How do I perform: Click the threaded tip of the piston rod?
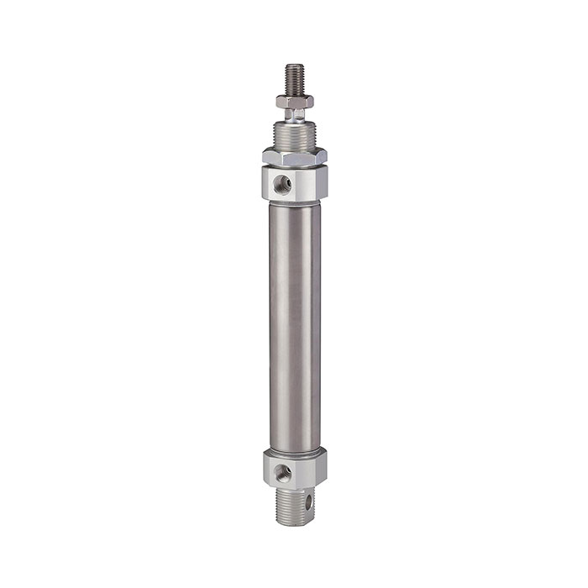click(294, 78)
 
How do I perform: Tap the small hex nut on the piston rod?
click(294, 102)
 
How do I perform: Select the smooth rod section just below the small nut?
click(294, 113)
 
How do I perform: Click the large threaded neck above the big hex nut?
click(294, 134)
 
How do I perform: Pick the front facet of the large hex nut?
click(294, 157)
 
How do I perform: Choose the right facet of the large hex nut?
click(320, 157)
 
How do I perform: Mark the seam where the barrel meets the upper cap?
click(294, 202)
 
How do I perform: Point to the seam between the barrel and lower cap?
click(294, 449)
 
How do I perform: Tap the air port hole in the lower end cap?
click(286, 472)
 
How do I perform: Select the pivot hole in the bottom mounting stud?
click(308, 501)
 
